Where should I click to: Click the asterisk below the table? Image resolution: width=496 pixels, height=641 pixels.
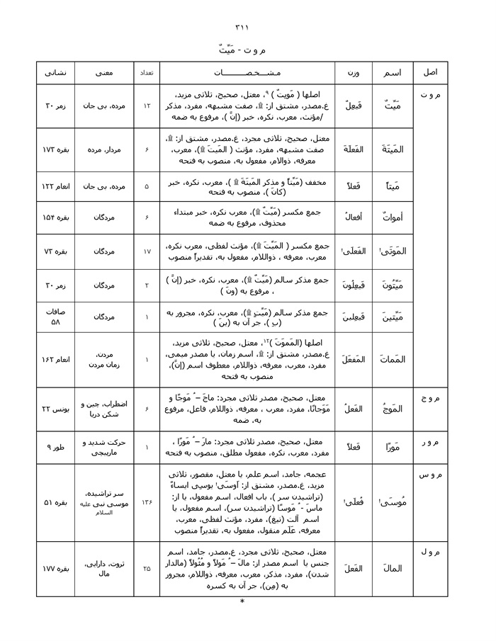pos(242,602)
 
